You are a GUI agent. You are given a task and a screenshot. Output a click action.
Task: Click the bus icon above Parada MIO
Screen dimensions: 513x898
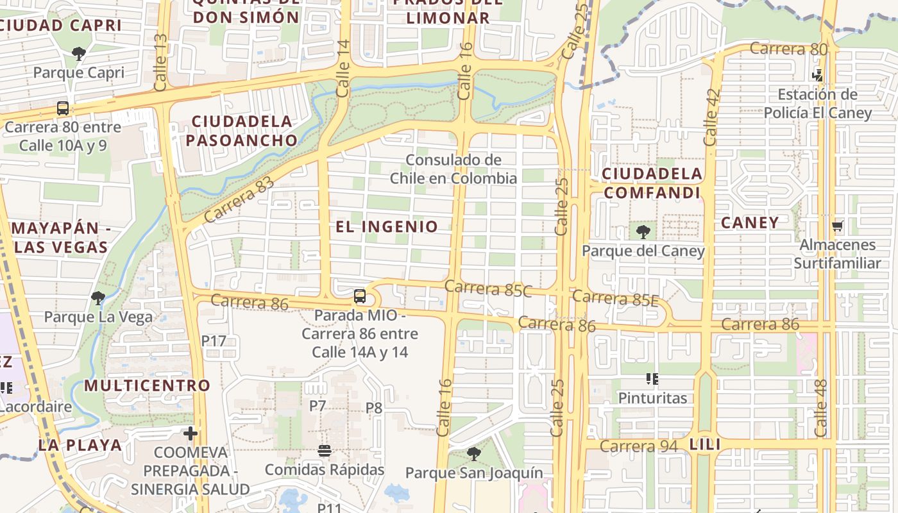pos(360,296)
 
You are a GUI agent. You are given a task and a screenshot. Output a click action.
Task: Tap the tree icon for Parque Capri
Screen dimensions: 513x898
pos(79,54)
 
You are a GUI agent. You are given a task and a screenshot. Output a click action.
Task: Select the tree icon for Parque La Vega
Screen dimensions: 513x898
pos(98,298)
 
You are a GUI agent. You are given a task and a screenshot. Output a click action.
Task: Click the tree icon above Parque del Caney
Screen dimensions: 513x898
pos(643,232)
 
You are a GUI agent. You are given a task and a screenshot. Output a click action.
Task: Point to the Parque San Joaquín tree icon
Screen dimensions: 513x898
pos(474,454)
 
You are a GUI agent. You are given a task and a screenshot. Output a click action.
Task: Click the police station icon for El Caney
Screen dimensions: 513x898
pos(817,75)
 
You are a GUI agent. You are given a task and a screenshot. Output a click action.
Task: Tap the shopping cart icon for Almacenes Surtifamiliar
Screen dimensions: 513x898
pos(837,226)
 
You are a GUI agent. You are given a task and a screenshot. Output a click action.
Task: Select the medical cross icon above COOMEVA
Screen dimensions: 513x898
pos(191,433)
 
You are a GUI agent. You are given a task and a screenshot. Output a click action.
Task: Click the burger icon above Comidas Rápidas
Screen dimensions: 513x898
pos(325,450)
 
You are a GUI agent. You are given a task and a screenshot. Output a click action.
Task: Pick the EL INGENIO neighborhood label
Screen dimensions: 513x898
pos(387,226)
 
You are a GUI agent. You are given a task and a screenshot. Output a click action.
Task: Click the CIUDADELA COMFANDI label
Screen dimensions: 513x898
pos(652,183)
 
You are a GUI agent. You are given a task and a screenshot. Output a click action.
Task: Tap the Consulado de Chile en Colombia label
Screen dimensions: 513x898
pos(453,169)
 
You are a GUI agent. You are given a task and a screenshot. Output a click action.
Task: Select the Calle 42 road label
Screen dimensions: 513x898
pos(711,117)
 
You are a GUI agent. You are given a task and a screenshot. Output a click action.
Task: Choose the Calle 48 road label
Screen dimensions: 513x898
pos(821,408)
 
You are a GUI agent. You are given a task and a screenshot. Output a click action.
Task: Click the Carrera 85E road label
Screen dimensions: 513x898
pos(615,298)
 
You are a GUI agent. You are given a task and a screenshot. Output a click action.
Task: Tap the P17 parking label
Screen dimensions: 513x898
pos(214,341)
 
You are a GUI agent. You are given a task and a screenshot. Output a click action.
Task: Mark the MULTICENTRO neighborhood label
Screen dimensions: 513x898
pos(147,385)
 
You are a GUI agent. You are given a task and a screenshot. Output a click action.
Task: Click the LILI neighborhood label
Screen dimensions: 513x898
pos(705,444)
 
